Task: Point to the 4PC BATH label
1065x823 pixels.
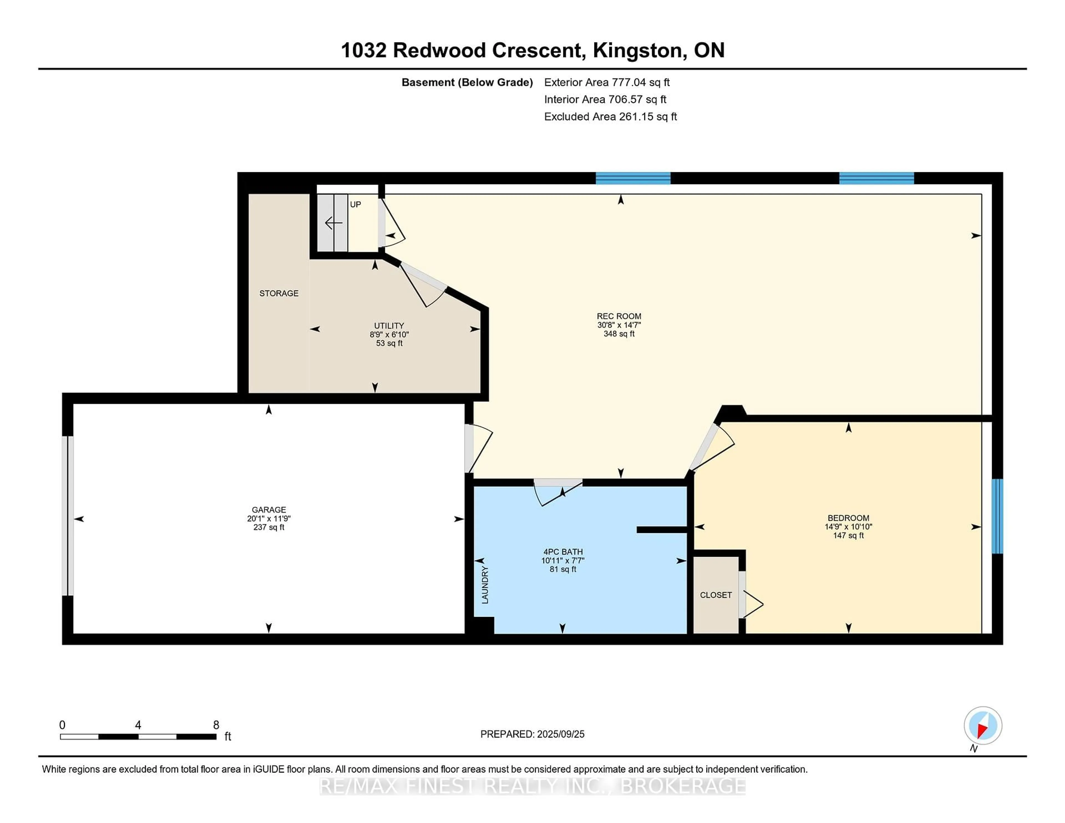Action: [563, 552]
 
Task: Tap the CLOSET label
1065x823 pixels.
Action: [716, 595]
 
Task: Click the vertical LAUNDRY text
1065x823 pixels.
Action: [485, 585]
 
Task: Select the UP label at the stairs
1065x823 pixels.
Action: [356, 204]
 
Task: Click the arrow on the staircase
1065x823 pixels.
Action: [334, 223]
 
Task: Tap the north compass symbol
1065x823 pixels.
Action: [983, 726]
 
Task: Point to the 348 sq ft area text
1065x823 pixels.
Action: [619, 334]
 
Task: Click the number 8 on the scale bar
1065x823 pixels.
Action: [216, 725]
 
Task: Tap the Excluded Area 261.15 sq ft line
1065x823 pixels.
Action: [610, 116]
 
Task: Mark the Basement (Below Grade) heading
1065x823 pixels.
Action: [467, 82]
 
